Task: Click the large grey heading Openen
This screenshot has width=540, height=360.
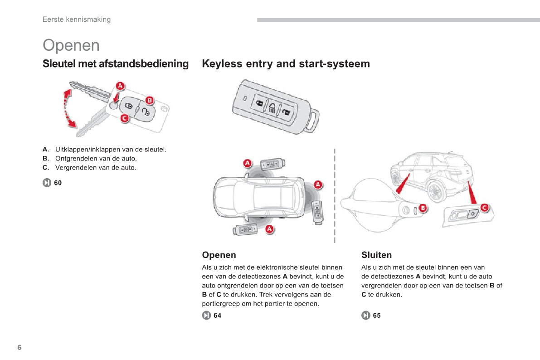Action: point(71,45)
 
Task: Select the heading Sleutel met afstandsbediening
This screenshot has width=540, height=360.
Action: point(116,63)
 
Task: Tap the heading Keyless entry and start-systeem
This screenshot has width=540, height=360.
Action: point(286,63)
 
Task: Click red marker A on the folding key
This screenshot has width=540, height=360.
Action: point(120,86)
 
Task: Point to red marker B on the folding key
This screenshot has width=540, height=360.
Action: point(149,100)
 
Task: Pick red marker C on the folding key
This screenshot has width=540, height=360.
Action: point(124,118)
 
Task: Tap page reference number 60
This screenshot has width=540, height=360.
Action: point(58,183)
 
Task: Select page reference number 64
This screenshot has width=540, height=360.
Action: point(218,315)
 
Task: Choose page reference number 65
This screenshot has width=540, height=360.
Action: point(377,315)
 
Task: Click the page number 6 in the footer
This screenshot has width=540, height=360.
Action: point(19,347)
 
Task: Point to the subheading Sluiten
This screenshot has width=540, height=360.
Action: point(376,255)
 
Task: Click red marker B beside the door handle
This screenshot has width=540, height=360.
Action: point(423,208)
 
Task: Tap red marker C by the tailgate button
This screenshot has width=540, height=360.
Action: point(484,208)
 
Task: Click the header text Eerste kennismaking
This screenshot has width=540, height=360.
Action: point(76,19)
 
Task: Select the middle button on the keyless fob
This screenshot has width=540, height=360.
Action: point(272,107)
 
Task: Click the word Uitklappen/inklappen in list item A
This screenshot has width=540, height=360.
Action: point(83,149)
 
